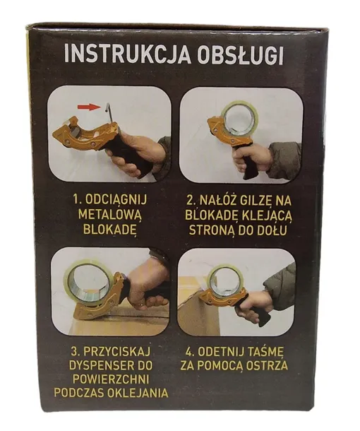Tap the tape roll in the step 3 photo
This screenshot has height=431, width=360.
(89, 281)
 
